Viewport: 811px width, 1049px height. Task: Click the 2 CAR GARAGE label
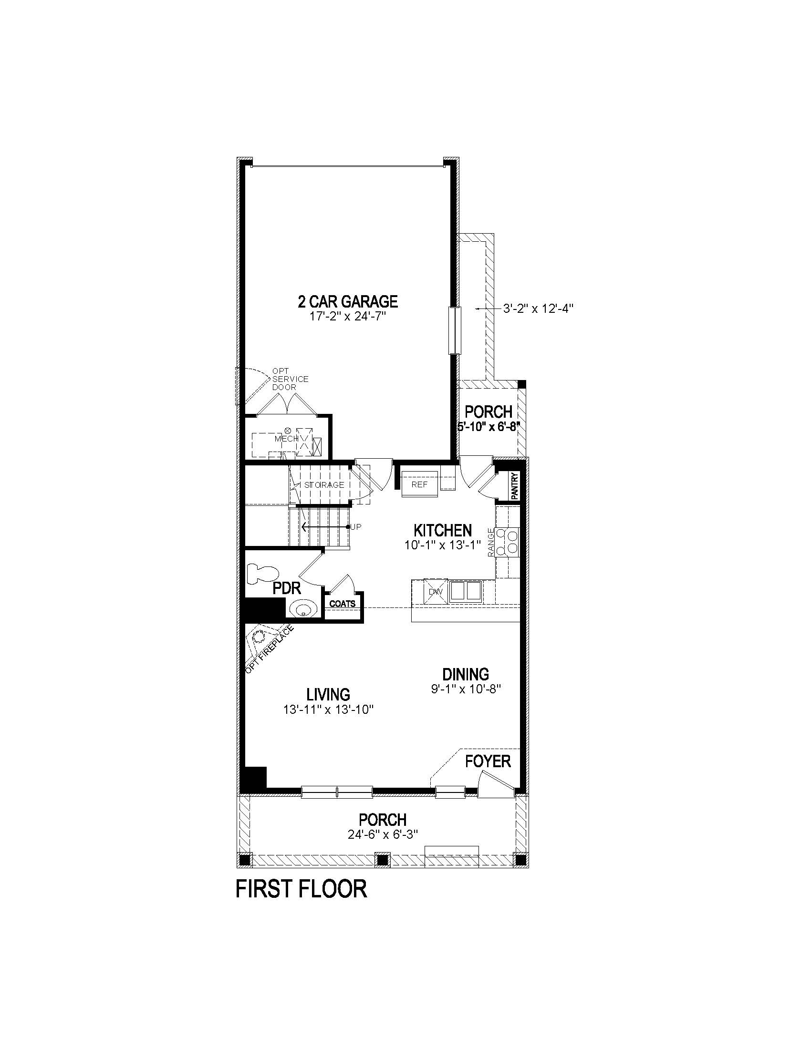(x=347, y=302)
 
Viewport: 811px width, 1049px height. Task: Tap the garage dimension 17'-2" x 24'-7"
(x=347, y=317)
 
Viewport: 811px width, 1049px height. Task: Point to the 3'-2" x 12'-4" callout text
(x=538, y=309)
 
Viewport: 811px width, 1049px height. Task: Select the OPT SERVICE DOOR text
(x=290, y=379)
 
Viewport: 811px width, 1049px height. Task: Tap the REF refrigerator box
(x=419, y=484)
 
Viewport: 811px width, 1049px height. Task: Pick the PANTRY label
(x=515, y=486)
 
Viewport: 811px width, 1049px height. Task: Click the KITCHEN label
(x=443, y=530)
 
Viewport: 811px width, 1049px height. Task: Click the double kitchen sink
(x=466, y=591)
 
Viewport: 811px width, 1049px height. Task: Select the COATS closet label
(x=343, y=604)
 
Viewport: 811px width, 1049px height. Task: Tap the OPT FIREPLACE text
(x=270, y=649)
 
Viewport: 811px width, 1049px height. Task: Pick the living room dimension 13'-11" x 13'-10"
(x=328, y=710)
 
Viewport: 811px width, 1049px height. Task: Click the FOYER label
(x=488, y=761)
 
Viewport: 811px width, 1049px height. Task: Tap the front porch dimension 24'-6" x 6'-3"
(x=383, y=835)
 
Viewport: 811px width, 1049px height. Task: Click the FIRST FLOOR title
(x=301, y=889)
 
